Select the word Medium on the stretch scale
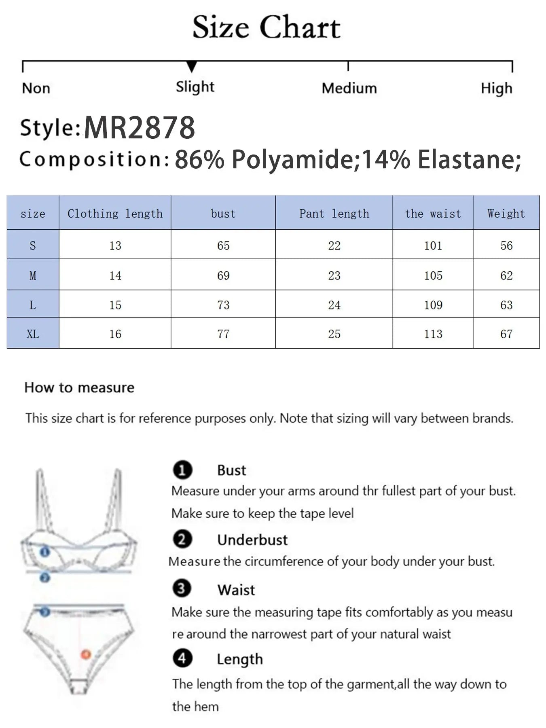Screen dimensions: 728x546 pos(349,88)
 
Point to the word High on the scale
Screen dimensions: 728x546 pos(496,89)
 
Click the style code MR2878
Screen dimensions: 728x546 pos(140,128)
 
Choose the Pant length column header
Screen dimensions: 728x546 pos(334,214)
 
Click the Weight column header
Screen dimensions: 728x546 pos(506,214)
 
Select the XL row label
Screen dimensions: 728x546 pos(33,334)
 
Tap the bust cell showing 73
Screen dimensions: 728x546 pos(223,305)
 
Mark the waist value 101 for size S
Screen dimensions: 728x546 pos(433,245)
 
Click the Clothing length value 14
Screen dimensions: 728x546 pos(115,275)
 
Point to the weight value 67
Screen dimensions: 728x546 pos(506,334)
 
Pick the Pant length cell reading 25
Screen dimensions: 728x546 pos(334,334)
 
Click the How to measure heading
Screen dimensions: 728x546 pos(79,387)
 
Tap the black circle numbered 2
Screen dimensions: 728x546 pos(182,539)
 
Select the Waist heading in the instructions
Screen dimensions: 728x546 pos(236,590)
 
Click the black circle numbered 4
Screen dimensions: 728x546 pos(182,658)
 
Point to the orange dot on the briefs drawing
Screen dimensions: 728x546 pos(85,654)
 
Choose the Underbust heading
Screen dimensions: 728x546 pos(252,540)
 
